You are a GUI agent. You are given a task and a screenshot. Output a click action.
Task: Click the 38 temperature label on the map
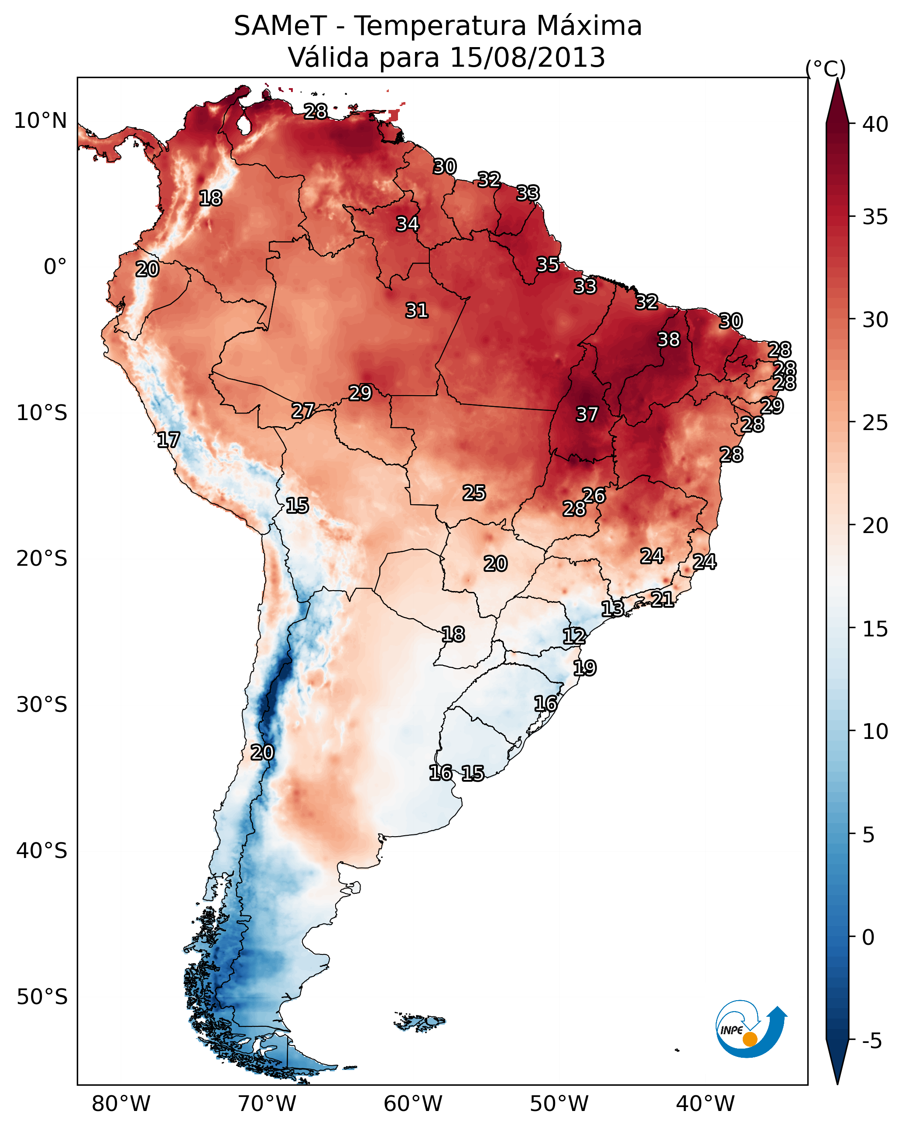pyautogui.click(x=669, y=339)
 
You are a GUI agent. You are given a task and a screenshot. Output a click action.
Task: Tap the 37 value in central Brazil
pyautogui.click(x=587, y=414)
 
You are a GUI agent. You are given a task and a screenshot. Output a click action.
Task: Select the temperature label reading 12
pyautogui.click(x=574, y=636)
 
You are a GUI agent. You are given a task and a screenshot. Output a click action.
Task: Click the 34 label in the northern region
pyautogui.click(x=407, y=224)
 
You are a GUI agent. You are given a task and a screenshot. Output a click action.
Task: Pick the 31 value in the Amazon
pyautogui.click(x=417, y=311)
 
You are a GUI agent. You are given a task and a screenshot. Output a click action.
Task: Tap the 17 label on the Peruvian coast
pyautogui.click(x=168, y=440)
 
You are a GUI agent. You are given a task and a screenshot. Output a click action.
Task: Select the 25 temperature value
pyautogui.click(x=474, y=493)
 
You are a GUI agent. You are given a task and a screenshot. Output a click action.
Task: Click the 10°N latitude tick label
pyautogui.click(x=40, y=121)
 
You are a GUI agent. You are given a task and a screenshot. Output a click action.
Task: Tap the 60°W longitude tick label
pyautogui.click(x=412, y=1104)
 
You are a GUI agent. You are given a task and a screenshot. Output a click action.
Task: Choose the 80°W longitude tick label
pyautogui.click(x=121, y=1104)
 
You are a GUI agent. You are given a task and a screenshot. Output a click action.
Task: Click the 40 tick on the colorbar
pyautogui.click(x=875, y=124)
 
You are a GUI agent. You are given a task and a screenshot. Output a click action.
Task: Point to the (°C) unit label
pyautogui.click(x=825, y=68)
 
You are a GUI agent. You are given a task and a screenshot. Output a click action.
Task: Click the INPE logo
pyautogui.click(x=750, y=1029)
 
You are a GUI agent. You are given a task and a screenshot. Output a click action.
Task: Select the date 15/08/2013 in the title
pyautogui.click(x=527, y=58)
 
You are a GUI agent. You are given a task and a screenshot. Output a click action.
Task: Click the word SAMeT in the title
pyautogui.click(x=280, y=26)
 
